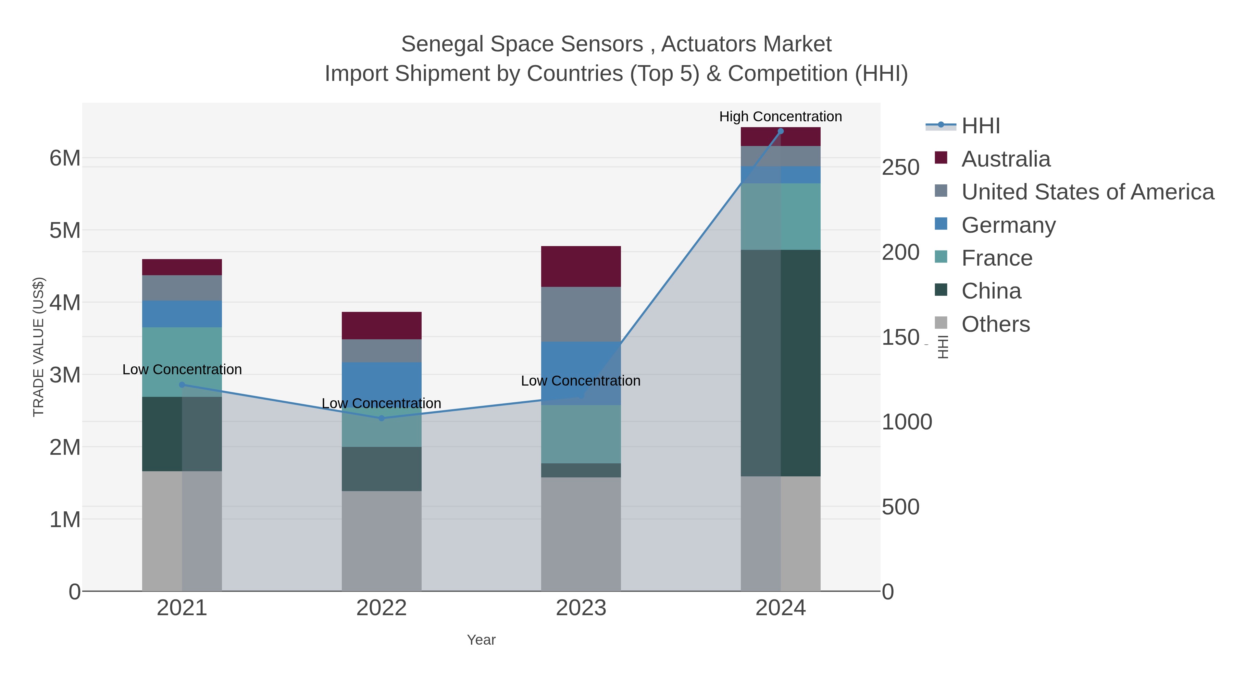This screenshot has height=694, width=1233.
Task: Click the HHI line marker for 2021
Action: (182, 385)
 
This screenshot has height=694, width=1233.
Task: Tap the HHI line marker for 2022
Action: (382, 418)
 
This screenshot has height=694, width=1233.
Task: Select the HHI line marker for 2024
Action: (781, 131)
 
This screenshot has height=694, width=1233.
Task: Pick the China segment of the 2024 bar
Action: (781, 363)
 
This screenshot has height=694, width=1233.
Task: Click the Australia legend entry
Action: (1006, 159)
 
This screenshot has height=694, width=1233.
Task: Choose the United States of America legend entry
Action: (1087, 192)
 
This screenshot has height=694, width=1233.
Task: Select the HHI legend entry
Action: (980, 126)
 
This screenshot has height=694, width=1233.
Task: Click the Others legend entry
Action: (995, 324)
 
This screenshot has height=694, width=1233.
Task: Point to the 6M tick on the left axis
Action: (65, 158)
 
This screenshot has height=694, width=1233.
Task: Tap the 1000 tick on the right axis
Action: (907, 422)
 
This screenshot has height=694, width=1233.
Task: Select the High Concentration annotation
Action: (780, 117)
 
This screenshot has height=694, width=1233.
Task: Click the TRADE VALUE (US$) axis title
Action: (38, 347)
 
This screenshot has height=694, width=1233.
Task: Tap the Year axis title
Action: (481, 640)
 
